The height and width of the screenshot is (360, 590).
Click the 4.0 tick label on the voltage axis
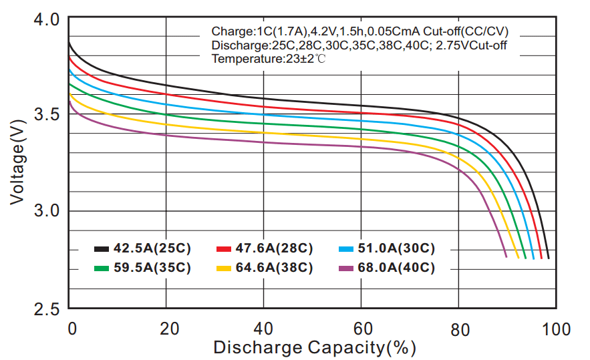[x=47, y=19]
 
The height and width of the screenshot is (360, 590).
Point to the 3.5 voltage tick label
[x=47, y=114]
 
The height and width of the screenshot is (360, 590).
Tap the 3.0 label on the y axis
[x=47, y=212]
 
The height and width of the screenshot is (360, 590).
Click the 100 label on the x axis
[x=556, y=329]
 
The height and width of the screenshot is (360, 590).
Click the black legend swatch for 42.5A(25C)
[x=102, y=249]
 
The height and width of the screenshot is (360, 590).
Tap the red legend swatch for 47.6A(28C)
[x=224, y=249]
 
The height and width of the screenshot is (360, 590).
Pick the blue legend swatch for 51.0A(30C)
[x=346, y=249]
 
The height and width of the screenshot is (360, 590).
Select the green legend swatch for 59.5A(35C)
[x=102, y=268]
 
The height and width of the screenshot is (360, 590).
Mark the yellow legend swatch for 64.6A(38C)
[x=224, y=268]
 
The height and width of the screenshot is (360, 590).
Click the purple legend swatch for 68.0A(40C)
[x=346, y=268]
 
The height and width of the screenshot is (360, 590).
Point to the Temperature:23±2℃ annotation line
[x=269, y=59]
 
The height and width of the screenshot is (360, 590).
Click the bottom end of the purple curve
[x=506, y=256]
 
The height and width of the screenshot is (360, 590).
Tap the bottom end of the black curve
[x=549, y=257]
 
